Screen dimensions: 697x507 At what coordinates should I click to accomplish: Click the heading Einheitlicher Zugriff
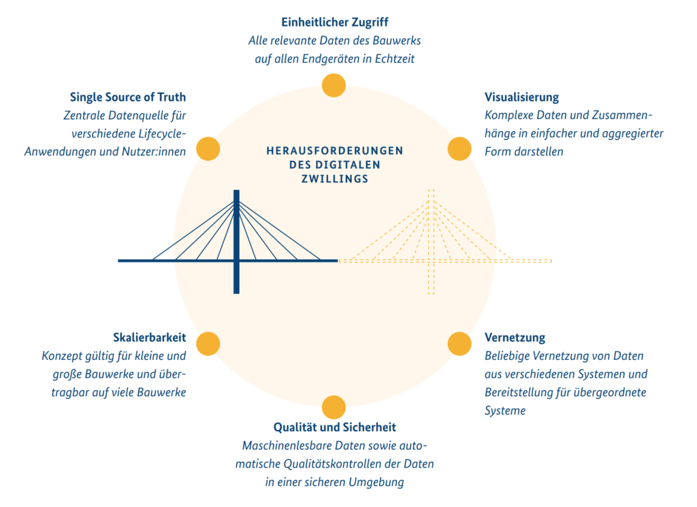coord(335,22)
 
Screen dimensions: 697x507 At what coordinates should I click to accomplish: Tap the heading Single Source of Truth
coord(127,97)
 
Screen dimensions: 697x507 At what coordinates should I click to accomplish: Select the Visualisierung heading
coord(521,97)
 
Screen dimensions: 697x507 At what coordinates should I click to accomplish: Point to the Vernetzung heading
coord(515,338)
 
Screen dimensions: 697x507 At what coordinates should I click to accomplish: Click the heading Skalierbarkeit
coord(149,338)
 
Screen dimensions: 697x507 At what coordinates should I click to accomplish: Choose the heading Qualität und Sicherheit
coord(335,427)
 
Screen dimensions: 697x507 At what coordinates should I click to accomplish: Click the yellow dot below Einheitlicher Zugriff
coord(334,85)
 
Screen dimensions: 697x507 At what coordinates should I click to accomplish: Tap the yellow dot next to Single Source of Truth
coord(208,148)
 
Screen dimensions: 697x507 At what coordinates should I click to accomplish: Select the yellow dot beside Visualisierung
coord(459,148)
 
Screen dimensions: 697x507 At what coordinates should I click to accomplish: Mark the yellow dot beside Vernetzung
coord(459,344)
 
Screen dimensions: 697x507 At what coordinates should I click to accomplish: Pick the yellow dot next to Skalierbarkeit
coord(208,344)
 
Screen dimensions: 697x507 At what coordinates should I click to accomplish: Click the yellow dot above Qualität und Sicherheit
coord(334,407)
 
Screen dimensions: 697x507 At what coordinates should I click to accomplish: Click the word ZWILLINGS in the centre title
coord(335,179)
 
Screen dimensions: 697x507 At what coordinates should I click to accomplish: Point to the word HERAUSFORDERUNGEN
coord(335,150)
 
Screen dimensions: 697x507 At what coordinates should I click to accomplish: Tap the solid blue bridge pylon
coord(236,242)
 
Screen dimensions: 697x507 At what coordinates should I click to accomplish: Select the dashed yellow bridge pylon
coord(431,242)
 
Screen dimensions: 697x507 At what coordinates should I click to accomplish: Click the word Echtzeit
coord(395,59)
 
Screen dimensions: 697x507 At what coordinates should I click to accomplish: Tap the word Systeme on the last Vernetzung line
coord(505,410)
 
